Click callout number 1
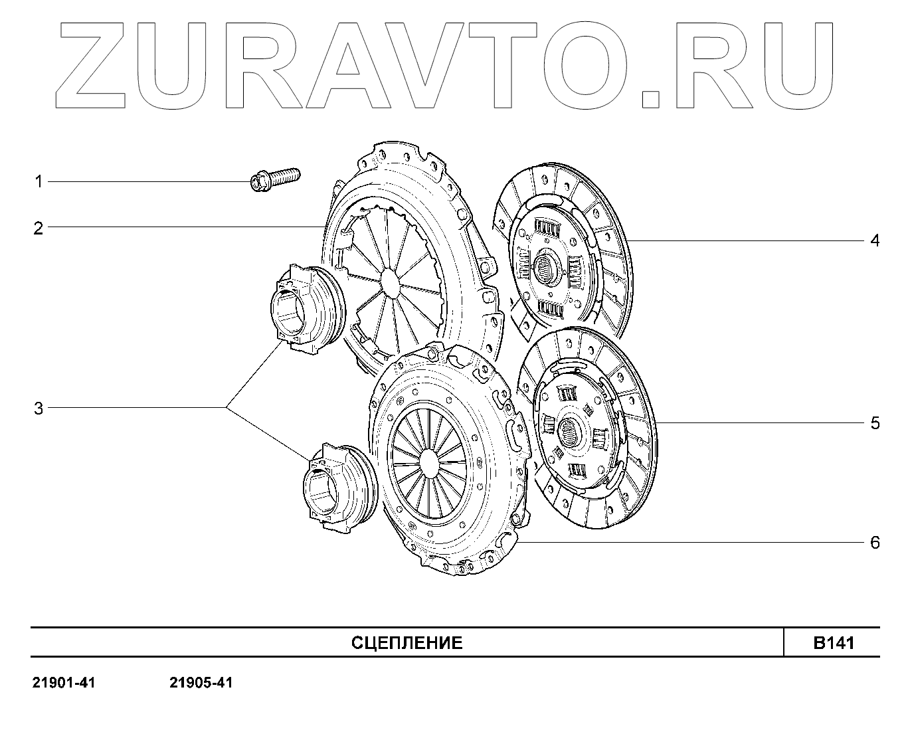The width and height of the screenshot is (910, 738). pos(39,181)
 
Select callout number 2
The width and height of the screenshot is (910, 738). pos(39,229)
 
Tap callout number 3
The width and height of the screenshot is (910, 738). pos(39,409)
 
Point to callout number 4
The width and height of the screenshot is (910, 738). pos(875,240)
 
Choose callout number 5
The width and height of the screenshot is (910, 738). pos(875,423)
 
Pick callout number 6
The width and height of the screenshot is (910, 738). pos(875,543)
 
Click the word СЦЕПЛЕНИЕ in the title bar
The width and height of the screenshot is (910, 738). pos(407,643)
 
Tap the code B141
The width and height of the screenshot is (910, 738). pos(834,643)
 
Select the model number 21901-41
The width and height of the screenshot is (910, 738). pos(64,683)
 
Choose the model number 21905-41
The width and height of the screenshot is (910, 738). pos(201,683)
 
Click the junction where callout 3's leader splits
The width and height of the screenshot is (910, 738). pos(226,407)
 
